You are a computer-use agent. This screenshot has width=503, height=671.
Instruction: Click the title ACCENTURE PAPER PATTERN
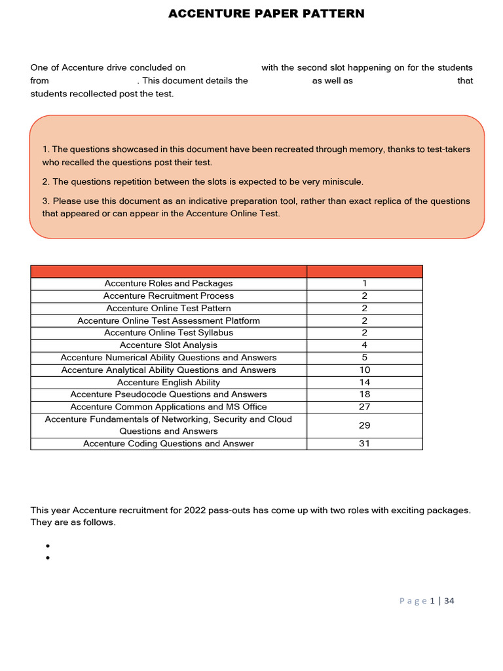click(266, 14)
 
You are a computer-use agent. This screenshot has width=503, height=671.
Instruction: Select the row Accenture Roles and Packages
click(168, 284)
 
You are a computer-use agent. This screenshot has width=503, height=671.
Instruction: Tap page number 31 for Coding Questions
click(364, 444)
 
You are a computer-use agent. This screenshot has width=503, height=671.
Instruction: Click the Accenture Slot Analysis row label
click(168, 345)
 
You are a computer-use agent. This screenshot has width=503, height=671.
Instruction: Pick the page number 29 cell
click(364, 425)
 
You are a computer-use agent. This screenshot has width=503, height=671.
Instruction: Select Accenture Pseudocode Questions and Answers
click(168, 394)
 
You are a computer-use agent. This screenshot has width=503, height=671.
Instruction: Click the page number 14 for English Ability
click(364, 382)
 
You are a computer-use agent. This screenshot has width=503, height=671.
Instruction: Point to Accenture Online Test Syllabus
click(168, 333)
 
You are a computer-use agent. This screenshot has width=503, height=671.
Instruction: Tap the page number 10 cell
click(364, 370)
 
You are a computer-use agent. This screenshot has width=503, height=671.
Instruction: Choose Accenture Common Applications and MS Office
click(168, 407)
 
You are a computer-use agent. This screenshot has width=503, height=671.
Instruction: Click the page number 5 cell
click(364, 358)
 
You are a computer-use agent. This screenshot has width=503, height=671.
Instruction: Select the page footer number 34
click(449, 601)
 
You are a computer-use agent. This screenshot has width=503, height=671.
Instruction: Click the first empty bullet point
click(48, 546)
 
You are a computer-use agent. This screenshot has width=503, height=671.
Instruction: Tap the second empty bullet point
click(48, 558)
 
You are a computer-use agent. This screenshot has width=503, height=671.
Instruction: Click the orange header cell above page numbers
click(364, 271)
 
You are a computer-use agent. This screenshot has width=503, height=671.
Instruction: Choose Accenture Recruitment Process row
click(168, 296)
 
